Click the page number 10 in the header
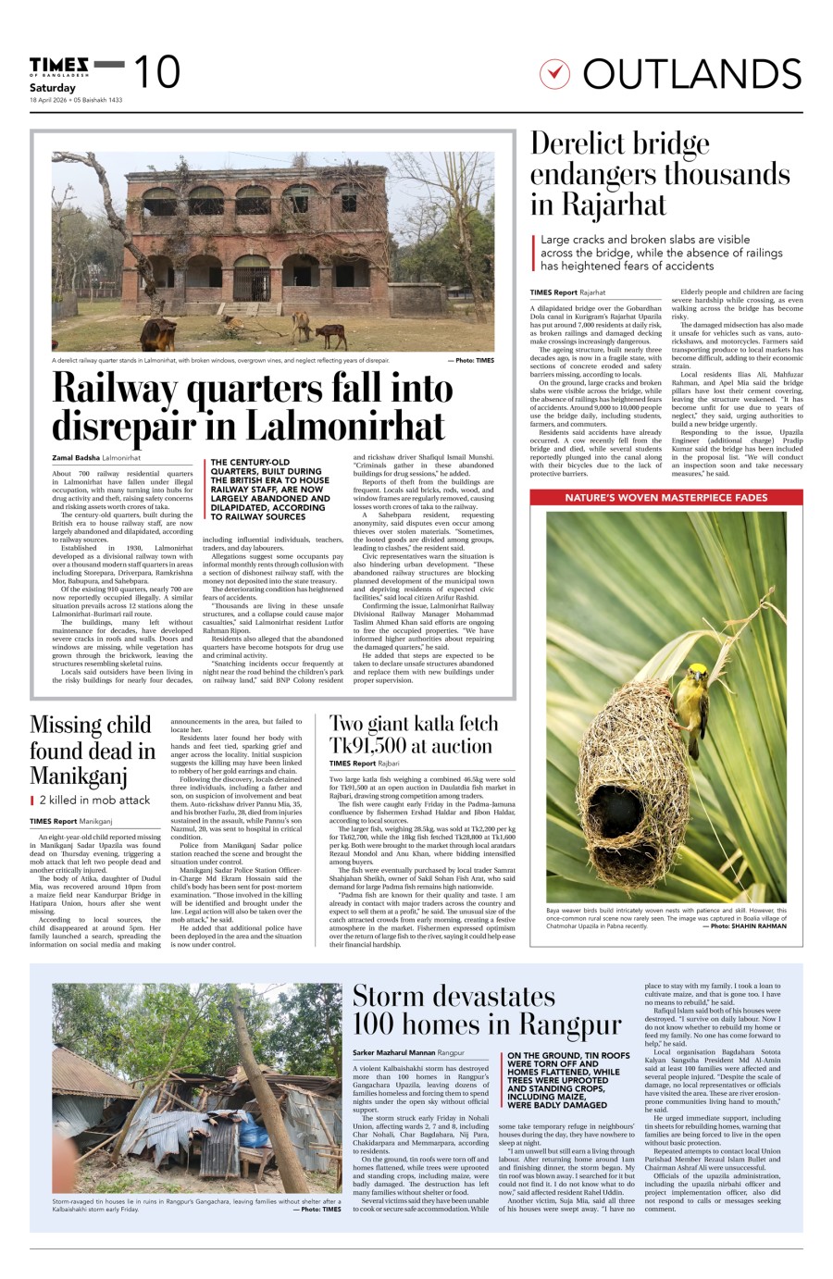click(x=156, y=72)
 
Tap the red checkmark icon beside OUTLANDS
click(x=553, y=73)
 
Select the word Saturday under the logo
click(x=52, y=88)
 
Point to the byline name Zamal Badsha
click(x=76, y=458)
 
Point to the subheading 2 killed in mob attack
click(x=93, y=800)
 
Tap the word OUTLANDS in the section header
click(x=692, y=74)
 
